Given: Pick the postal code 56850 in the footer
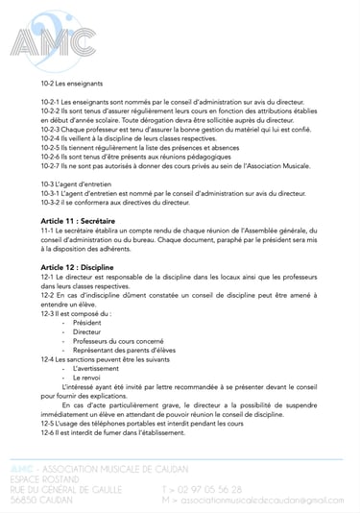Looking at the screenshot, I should (x=23, y=500).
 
